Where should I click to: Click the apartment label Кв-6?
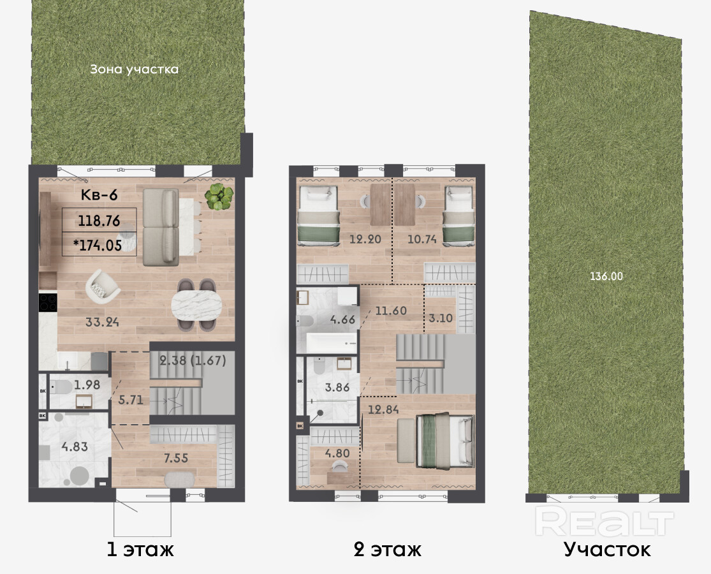coord(99,195)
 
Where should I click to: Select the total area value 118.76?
coord(99,221)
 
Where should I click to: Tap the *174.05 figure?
coord(98,246)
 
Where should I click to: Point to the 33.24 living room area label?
coord(103,322)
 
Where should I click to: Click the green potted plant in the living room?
coord(219,196)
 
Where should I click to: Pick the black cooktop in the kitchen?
coord(48,302)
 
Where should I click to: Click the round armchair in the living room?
coord(103,286)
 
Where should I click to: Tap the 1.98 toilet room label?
coord(87,385)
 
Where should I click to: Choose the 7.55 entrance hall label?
coord(176,458)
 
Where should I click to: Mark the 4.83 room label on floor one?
coord(75,446)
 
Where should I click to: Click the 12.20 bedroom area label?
coord(365,239)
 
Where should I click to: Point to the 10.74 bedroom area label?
coord(421,239)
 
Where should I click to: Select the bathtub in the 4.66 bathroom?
coord(332,343)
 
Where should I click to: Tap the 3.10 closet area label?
coord(440,318)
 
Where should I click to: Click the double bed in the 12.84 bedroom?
coord(445,441)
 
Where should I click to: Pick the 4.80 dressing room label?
coord(337,453)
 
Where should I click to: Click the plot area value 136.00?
coord(606,276)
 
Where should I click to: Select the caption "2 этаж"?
coord(387,550)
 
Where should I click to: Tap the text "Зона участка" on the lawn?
coord(134,70)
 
